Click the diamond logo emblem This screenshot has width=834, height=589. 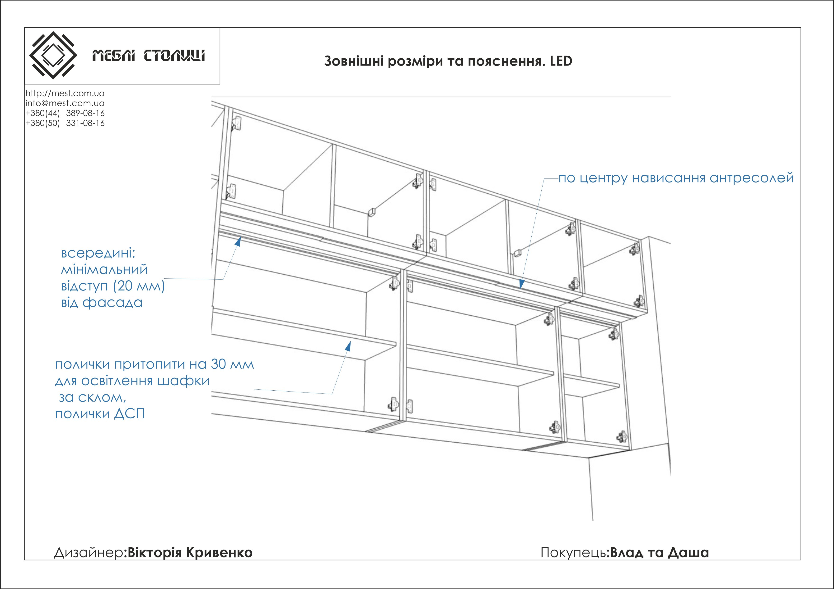(x=53, y=55)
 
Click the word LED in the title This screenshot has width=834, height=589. (x=561, y=61)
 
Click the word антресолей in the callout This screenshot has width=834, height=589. (x=752, y=178)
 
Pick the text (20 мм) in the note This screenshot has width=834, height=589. (x=139, y=286)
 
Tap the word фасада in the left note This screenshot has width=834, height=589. (x=112, y=303)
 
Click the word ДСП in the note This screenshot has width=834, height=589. (x=130, y=414)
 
